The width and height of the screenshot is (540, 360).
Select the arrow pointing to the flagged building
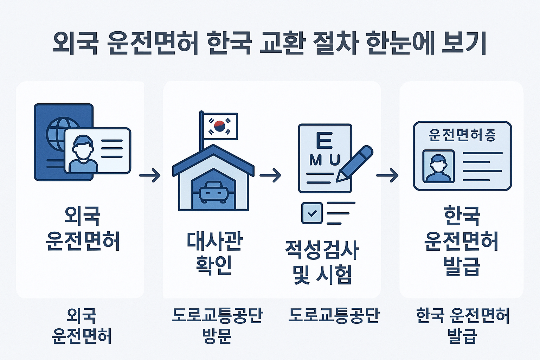coord(150,175)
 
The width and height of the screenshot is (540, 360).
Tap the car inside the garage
coord(213,192)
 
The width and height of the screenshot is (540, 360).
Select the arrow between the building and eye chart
coord(270,175)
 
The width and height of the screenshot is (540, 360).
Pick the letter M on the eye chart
coord(316,160)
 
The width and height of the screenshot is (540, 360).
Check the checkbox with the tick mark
coord(312,213)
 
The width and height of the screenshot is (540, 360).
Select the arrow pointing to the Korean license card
coord(387,175)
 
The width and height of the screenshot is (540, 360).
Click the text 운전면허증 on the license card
coord(462,135)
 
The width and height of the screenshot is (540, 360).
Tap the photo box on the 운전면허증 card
coord(438,166)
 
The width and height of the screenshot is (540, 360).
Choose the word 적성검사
coord(322,250)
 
